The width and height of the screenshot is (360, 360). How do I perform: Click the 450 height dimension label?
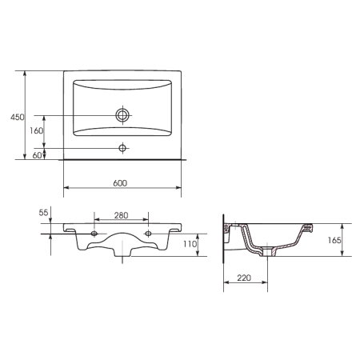coord(18,117)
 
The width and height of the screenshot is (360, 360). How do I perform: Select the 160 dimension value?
coord(36,130)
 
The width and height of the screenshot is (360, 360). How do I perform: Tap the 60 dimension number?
coord(37,155)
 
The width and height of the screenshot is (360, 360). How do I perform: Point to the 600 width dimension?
coord(120,183)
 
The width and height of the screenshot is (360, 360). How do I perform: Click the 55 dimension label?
coord(43,213)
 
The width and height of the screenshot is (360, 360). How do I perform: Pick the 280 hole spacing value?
coord(121,215)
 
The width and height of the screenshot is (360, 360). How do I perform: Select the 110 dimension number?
coord(190,244)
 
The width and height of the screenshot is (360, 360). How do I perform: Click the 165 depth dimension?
coord(334,240)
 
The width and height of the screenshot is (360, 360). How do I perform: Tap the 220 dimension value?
coord(244,278)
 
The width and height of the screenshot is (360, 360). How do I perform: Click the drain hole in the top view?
coord(122,115)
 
